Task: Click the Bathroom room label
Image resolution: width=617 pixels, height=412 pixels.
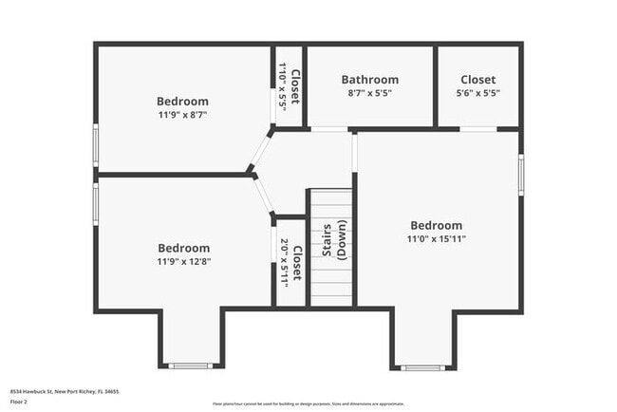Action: pyautogui.click(x=370, y=80)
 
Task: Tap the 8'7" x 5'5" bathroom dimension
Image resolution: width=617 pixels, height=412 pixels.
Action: pyautogui.click(x=370, y=93)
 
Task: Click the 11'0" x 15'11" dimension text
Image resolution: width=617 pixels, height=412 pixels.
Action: pyautogui.click(x=438, y=238)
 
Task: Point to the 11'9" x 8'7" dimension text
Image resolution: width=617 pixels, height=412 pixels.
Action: pyautogui.click(x=182, y=114)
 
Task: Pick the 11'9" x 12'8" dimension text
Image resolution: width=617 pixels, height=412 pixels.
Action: pyautogui.click(x=183, y=261)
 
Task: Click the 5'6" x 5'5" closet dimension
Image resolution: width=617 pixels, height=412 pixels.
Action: pyautogui.click(x=478, y=93)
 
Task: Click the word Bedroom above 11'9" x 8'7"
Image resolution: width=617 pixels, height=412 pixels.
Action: pyautogui.click(x=182, y=101)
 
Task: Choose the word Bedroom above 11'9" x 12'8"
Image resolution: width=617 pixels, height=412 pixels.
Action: pyautogui.click(x=183, y=248)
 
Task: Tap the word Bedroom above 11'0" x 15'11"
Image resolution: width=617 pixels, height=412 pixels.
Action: pyautogui.click(x=438, y=225)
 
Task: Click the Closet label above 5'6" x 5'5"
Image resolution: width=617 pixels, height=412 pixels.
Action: pyautogui.click(x=478, y=80)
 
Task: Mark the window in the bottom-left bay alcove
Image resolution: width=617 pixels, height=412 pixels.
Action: pyautogui.click(x=191, y=365)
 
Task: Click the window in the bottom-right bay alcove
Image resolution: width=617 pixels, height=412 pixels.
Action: pyautogui.click(x=421, y=366)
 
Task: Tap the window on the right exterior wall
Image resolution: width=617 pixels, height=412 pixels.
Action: pyautogui.click(x=520, y=175)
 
